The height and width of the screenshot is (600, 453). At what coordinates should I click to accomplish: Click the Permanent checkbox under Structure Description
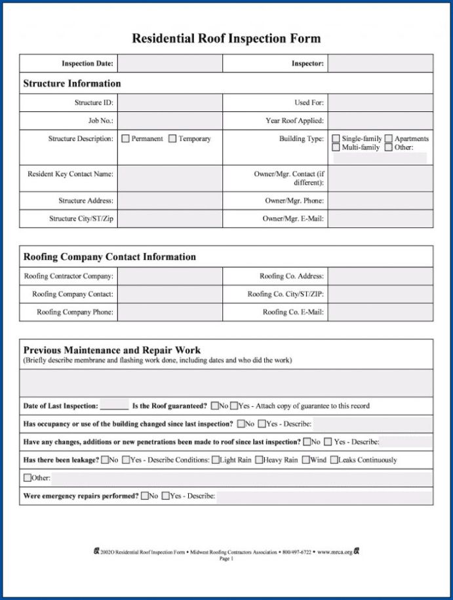click(x=125, y=139)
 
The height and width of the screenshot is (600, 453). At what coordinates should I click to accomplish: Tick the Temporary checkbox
click(x=172, y=139)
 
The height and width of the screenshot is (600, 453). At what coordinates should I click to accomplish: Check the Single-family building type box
click(x=336, y=139)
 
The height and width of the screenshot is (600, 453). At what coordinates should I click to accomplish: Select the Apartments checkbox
click(x=389, y=139)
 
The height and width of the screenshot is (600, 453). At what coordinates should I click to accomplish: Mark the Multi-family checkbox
click(x=336, y=148)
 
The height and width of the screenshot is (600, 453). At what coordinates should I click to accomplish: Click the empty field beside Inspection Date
click(x=170, y=64)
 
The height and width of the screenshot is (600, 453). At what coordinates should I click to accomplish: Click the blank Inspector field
click(x=380, y=64)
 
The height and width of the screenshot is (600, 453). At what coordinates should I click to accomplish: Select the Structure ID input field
click(x=170, y=103)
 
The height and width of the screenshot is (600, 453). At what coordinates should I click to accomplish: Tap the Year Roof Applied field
click(x=380, y=121)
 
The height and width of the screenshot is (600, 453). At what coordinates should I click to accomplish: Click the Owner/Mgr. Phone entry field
click(x=380, y=200)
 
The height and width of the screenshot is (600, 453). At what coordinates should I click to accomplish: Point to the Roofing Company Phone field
click(x=170, y=312)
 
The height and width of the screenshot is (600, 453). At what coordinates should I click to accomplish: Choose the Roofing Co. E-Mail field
click(x=380, y=312)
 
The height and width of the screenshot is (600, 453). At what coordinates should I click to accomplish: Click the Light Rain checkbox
click(x=215, y=460)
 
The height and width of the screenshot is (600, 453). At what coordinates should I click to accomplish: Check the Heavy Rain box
click(x=259, y=460)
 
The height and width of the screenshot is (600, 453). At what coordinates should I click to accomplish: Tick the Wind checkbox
click(x=305, y=460)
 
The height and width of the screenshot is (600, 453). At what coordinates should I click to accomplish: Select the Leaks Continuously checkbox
click(x=334, y=460)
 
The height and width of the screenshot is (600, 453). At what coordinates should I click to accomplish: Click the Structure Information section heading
click(x=72, y=84)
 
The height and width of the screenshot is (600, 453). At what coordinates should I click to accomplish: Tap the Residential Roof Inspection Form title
click(x=226, y=38)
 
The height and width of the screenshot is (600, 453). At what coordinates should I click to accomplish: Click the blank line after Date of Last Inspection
click(x=114, y=407)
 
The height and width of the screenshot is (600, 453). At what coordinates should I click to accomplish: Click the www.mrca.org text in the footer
click(x=335, y=552)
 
